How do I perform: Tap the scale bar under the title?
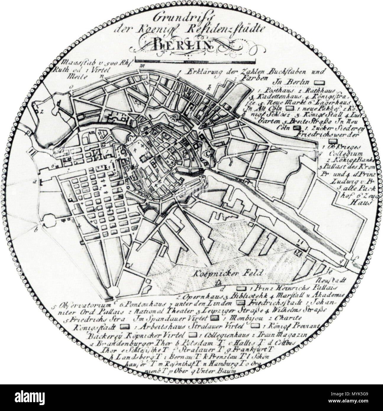tap(195, 62)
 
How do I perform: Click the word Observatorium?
tap(83, 305)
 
